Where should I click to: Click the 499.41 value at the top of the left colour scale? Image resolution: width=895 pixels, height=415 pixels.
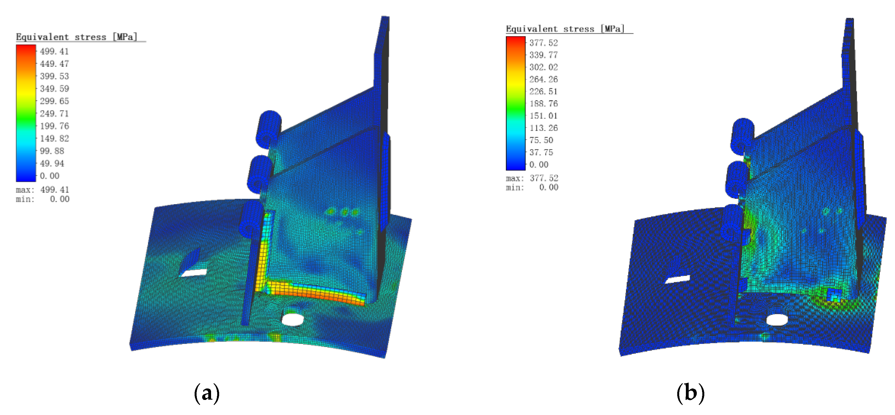coord(54,51)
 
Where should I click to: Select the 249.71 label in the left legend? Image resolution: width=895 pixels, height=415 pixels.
coord(54,114)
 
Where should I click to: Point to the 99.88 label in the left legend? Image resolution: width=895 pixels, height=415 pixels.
coord(52,151)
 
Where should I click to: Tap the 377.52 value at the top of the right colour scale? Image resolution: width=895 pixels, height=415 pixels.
coord(543,43)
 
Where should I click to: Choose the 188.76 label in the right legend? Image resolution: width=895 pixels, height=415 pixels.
coord(543,104)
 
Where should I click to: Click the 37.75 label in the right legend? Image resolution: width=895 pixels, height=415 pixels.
coord(541,152)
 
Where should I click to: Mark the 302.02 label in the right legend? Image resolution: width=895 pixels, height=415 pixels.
coord(543,67)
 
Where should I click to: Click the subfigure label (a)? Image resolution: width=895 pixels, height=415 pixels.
coord(207,393)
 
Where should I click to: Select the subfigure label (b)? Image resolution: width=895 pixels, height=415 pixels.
coord(691,393)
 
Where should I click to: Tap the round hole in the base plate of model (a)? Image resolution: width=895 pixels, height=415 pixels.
coord(292,319)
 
